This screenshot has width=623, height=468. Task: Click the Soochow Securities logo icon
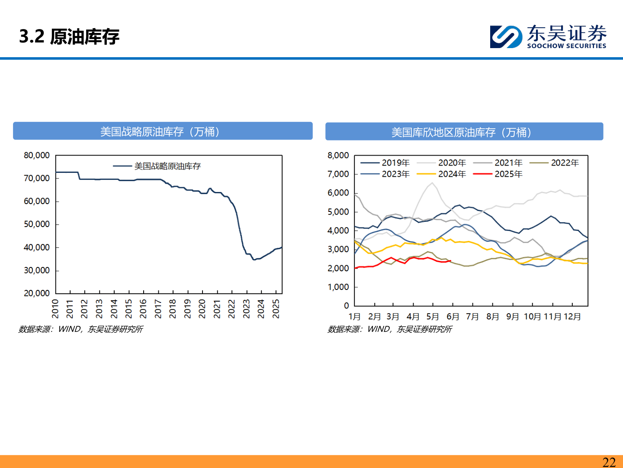pyautogui.click(x=506, y=36)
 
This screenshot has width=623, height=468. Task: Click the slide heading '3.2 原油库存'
pyautogui.click(x=69, y=36)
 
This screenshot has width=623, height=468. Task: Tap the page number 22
pyautogui.click(x=609, y=462)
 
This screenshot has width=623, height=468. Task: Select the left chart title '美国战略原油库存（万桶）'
pyautogui.click(x=163, y=131)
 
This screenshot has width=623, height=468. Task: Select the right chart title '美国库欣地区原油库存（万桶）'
pyautogui.click(x=464, y=132)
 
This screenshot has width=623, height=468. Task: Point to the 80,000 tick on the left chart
pyautogui.click(x=37, y=155)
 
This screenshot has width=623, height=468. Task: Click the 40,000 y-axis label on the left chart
pyautogui.click(x=37, y=247)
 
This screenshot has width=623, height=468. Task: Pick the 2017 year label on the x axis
pyautogui.click(x=158, y=309)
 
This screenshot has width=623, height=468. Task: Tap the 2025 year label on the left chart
pyautogui.click(x=276, y=309)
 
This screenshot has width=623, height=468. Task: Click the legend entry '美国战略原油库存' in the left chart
pyautogui.click(x=167, y=166)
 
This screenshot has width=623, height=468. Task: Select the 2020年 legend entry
pyautogui.click(x=452, y=162)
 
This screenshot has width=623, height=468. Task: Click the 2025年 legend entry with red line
pyautogui.click(x=508, y=174)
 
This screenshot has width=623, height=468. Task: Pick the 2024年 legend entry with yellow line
pyautogui.click(x=452, y=174)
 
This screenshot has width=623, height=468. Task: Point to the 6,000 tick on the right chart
pyautogui.click(x=338, y=193)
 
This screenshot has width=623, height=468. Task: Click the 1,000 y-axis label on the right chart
pyautogui.click(x=338, y=287)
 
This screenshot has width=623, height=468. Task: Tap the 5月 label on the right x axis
pyautogui.click(x=433, y=316)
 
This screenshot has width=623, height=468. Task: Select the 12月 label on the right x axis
pyautogui.click(x=572, y=316)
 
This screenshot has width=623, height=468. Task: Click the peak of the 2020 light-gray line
pyautogui.click(x=432, y=183)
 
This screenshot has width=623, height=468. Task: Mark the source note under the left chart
pyautogui.click(x=80, y=329)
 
